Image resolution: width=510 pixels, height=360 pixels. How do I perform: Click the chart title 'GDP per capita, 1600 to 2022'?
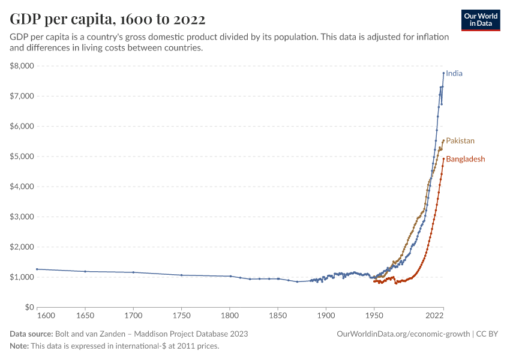pyautogui.click(x=107, y=19)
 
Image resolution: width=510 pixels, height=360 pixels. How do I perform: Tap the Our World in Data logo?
pyautogui.click(x=481, y=20)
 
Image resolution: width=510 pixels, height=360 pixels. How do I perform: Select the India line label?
pyautogui.click(x=454, y=74)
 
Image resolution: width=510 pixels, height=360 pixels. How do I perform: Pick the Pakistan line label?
pyautogui.click(x=460, y=141)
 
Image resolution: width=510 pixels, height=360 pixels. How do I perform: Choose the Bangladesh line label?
pyautogui.click(x=465, y=159)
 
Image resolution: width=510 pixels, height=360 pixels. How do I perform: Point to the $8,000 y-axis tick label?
pyautogui.click(x=22, y=66)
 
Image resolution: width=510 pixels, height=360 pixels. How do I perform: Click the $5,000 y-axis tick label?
pyautogui.click(x=22, y=157)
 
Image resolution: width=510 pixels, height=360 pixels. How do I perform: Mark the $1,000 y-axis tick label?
pyautogui.click(x=22, y=277)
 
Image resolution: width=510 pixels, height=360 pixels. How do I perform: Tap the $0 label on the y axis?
pyautogui.click(x=28, y=307)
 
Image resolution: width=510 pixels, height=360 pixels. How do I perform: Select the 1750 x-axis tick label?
pyautogui.click(x=181, y=314)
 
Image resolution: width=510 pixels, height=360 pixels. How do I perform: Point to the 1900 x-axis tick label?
pyautogui.click(x=326, y=314)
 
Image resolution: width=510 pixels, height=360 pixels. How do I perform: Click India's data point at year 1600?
pyautogui.click(x=37, y=269)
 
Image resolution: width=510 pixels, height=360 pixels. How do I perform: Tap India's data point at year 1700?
pyautogui.click(x=133, y=272)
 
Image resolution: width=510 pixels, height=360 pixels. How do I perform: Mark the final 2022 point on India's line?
pyautogui.click(x=443, y=73)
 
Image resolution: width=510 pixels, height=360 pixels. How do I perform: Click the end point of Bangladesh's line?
pyautogui.click(x=443, y=159)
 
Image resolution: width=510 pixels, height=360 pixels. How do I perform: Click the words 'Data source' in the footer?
pyautogui.click(x=31, y=334)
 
